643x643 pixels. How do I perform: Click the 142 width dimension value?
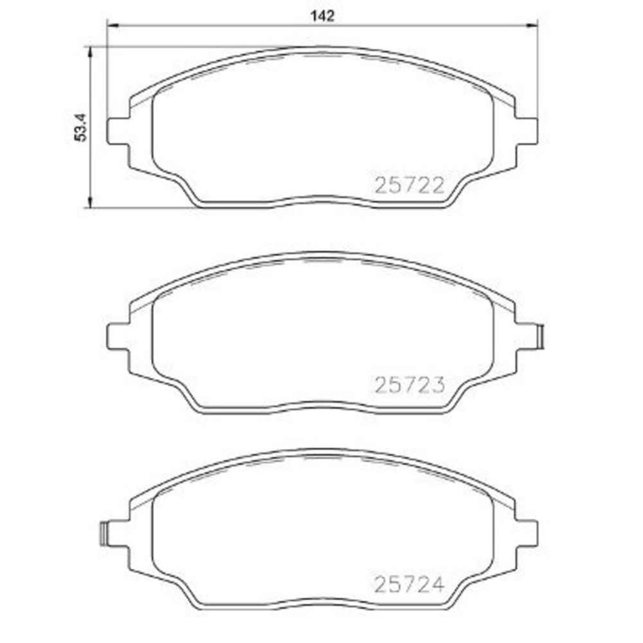point(323,16)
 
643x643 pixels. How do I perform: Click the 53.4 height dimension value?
point(81,128)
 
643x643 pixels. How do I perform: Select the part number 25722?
point(410,186)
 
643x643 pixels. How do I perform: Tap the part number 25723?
point(410,385)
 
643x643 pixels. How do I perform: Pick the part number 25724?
point(409,584)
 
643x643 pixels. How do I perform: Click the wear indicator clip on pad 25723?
point(541,337)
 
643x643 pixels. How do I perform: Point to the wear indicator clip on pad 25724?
point(104,534)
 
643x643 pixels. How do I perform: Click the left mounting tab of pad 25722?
point(118,131)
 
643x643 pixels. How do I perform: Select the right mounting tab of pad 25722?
point(526,131)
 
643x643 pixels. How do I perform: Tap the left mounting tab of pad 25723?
point(118,337)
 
